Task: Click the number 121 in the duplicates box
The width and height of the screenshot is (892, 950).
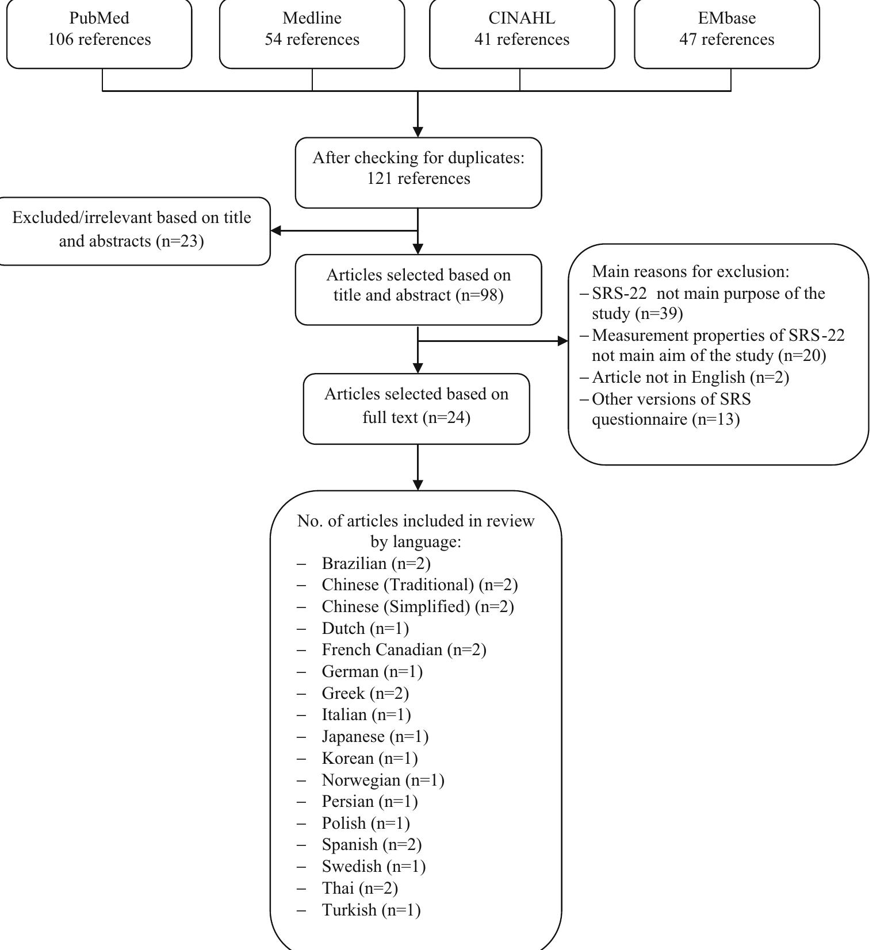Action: [377, 179]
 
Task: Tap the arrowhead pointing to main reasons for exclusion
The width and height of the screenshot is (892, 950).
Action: [562, 341]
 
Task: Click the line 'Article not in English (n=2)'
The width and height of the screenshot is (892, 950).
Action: [690, 377]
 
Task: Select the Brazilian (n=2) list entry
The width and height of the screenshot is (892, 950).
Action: [376, 563]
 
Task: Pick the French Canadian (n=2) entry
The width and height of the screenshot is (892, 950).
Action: [404, 649]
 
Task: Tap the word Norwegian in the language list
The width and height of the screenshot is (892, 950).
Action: [361, 780]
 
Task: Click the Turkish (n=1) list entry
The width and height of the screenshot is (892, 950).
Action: [371, 910]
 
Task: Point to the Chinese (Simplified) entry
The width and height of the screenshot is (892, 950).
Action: [418, 606]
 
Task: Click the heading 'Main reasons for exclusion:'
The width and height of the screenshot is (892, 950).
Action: [691, 271]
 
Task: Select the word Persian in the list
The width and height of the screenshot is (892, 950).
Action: [347, 801]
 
